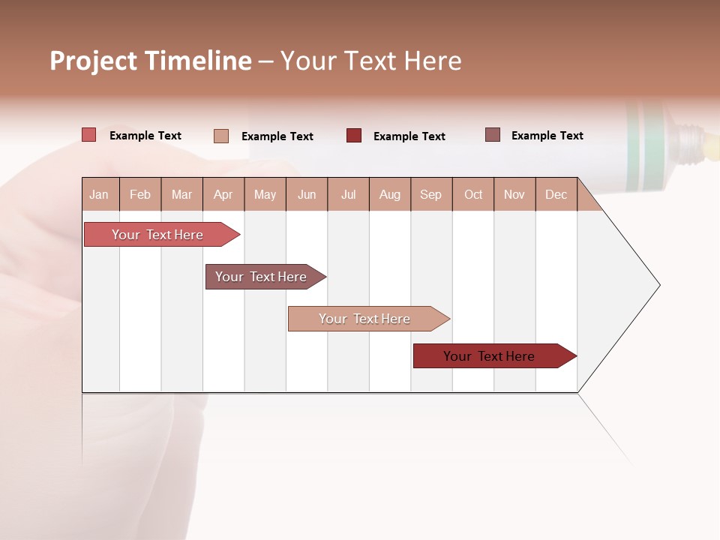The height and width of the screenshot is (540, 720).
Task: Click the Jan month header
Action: (100, 194)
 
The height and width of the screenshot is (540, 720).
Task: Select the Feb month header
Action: (140, 194)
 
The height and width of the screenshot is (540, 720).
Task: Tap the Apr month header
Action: (223, 194)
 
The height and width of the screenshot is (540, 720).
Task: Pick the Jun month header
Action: (307, 194)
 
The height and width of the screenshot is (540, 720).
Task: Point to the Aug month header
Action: (390, 194)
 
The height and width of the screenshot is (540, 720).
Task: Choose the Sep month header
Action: (431, 194)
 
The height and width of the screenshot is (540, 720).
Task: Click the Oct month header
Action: (473, 194)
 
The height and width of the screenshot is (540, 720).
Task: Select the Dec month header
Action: (556, 194)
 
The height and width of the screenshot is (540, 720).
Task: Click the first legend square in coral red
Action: (89, 135)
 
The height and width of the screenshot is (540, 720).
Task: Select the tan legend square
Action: (221, 136)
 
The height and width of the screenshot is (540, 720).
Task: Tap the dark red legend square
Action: (354, 135)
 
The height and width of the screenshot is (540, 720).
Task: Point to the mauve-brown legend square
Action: (493, 135)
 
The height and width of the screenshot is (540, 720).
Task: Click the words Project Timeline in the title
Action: (151, 61)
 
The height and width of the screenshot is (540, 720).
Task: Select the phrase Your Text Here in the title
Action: (370, 61)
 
